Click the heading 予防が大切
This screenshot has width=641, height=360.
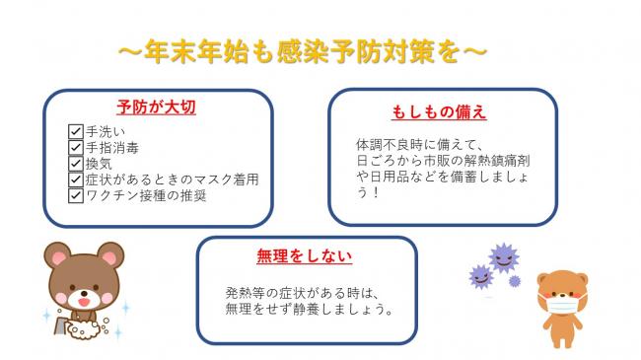tap(156, 108)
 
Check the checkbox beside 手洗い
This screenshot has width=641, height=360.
tap(75, 131)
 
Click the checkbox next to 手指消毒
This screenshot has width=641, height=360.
tap(75, 147)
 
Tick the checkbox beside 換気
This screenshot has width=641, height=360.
tap(75, 163)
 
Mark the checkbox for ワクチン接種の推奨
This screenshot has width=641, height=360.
tap(75, 195)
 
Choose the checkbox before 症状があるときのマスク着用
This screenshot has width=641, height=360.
tap(75, 180)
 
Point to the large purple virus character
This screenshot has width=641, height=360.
tap(503, 259)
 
